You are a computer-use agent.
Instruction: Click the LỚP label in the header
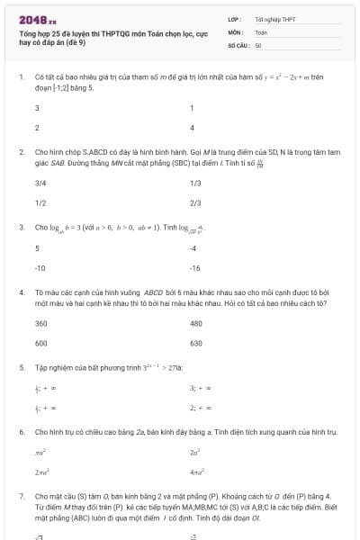coord(233,19)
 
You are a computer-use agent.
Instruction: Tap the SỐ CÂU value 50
coord(258,44)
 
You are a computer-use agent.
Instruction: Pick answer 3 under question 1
coord(37,108)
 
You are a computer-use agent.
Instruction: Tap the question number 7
coord(22,496)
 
